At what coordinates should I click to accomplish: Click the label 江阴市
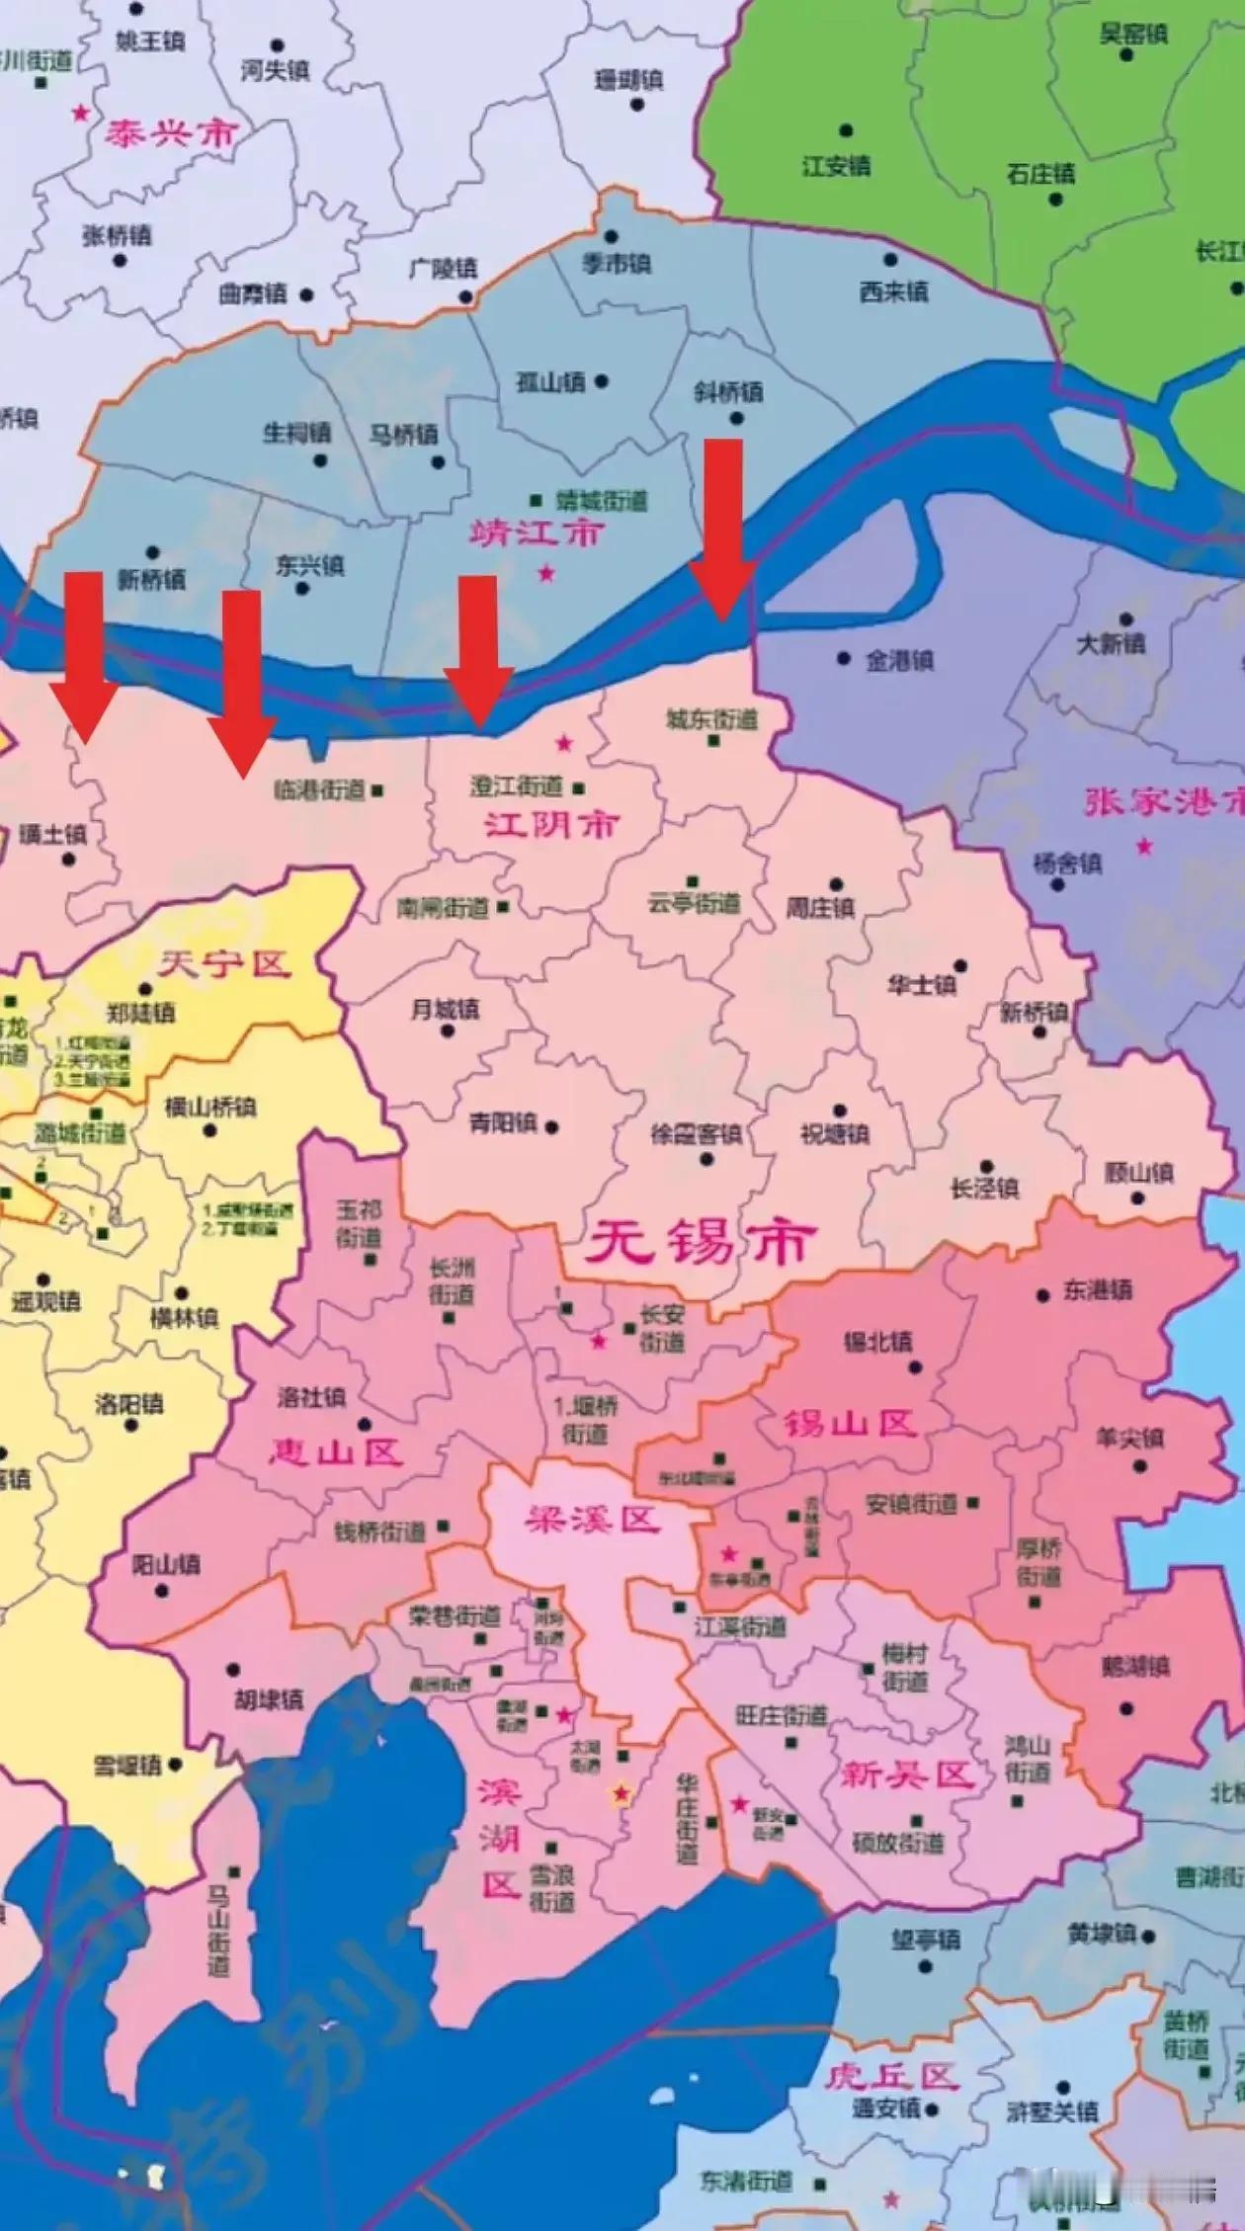coord(550,824)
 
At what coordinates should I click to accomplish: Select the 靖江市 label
coord(536,534)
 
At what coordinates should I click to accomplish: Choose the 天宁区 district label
coord(224,962)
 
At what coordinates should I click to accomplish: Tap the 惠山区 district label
coord(336,1451)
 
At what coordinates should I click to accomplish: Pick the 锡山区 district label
coord(850,1424)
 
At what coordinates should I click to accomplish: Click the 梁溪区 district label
coord(591,1519)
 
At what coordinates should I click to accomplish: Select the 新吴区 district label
coord(907,1776)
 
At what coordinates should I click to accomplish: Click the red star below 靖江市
coord(545,573)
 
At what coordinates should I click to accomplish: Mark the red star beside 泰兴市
coord(80,114)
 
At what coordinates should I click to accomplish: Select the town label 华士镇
coord(921,985)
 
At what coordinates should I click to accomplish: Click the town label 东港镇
coord(1097,1290)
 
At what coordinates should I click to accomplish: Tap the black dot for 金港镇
coord(843,658)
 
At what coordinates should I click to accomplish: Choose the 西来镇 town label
coord(893,290)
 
